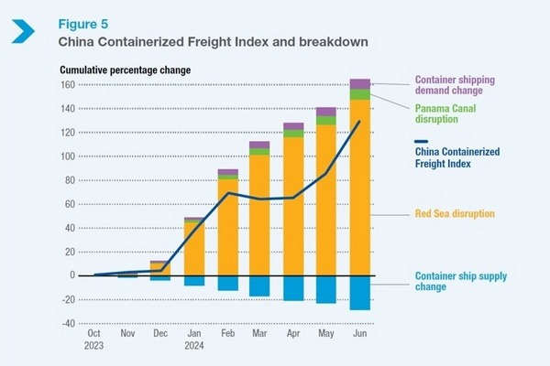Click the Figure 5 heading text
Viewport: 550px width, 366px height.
tap(86, 23)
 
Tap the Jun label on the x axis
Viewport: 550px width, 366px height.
tap(359, 336)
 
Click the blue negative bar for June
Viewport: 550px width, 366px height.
tap(359, 293)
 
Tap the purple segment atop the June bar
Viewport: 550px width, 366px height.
tap(359, 83)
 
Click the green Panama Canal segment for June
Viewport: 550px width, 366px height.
tap(359, 93)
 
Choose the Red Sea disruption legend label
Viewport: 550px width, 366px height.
tap(454, 214)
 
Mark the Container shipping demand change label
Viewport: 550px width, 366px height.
tap(461, 84)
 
